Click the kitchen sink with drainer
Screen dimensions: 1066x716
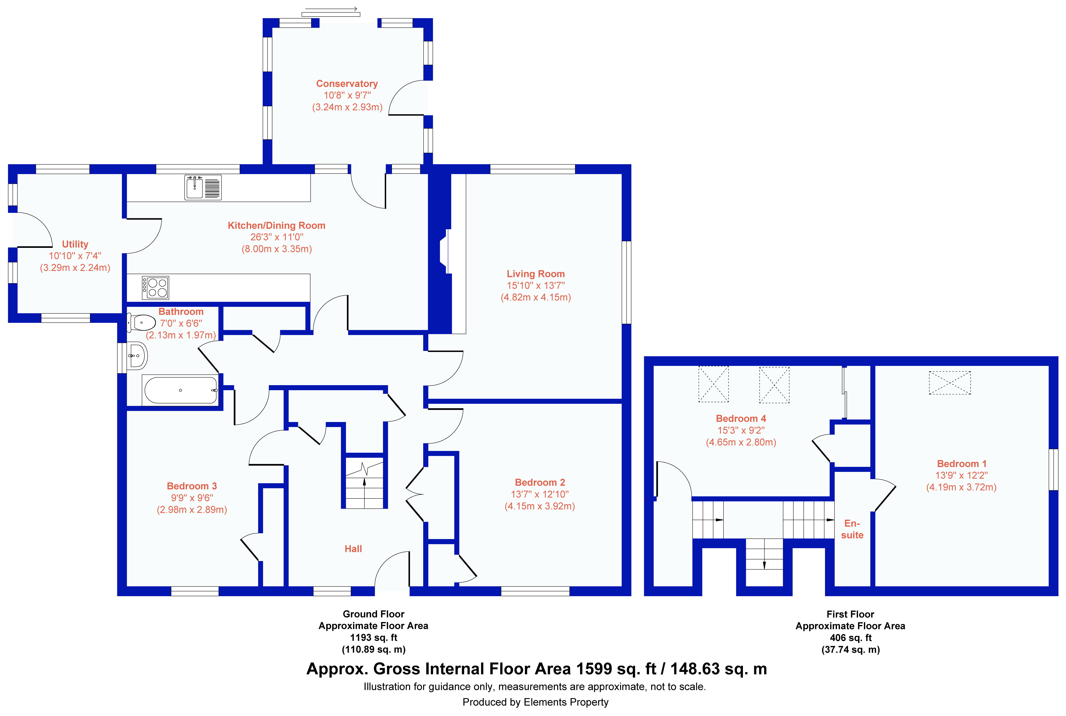(203, 187)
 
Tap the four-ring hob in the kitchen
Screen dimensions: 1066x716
(155, 288)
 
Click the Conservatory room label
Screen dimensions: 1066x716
(347, 84)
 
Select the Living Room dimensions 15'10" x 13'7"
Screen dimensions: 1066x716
(536, 285)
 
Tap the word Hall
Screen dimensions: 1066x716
(353, 549)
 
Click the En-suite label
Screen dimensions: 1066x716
(852, 529)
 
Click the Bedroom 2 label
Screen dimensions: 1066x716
(540, 482)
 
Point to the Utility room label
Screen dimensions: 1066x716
(75, 244)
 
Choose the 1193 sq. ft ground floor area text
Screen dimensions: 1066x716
(374, 637)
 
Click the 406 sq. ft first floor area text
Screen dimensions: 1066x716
(850, 637)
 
